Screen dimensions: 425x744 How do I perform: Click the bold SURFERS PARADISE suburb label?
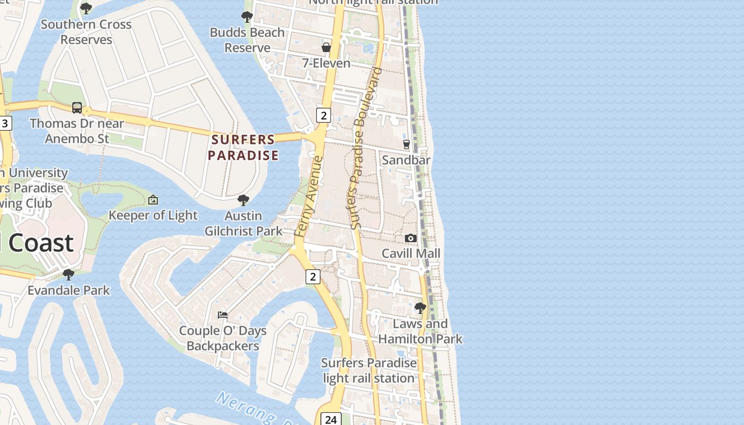point(243,147)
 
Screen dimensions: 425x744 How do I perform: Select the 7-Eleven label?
point(326,63)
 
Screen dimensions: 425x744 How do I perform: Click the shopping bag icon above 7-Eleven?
point(326,47)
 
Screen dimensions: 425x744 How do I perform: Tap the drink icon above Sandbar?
point(407,144)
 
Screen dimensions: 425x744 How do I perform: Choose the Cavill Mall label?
point(411,253)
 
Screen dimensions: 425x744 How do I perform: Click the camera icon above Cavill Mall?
point(411,238)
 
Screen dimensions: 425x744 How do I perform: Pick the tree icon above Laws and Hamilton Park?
point(420,308)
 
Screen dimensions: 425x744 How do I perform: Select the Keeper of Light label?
point(153,215)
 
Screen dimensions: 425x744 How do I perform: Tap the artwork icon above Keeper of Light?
point(153,200)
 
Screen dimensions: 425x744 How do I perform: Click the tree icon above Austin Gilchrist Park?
point(243,200)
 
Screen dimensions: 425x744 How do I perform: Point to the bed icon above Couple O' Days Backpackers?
point(223,315)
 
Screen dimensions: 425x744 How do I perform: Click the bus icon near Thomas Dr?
point(77,108)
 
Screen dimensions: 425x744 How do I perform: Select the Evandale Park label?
point(69,290)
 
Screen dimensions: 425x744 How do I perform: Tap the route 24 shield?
point(331,419)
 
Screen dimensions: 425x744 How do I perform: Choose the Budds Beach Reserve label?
point(247,40)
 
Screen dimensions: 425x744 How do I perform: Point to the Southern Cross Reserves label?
point(86,32)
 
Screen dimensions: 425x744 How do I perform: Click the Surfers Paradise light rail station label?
point(369,370)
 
